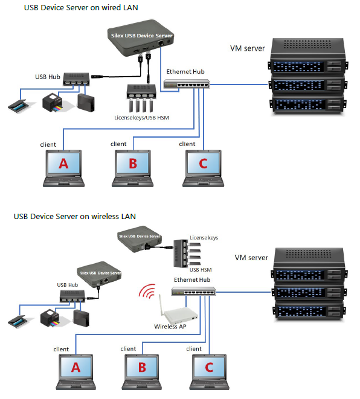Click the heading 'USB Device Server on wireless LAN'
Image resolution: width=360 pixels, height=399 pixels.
74,215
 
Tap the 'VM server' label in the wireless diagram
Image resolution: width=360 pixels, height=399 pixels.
251,258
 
